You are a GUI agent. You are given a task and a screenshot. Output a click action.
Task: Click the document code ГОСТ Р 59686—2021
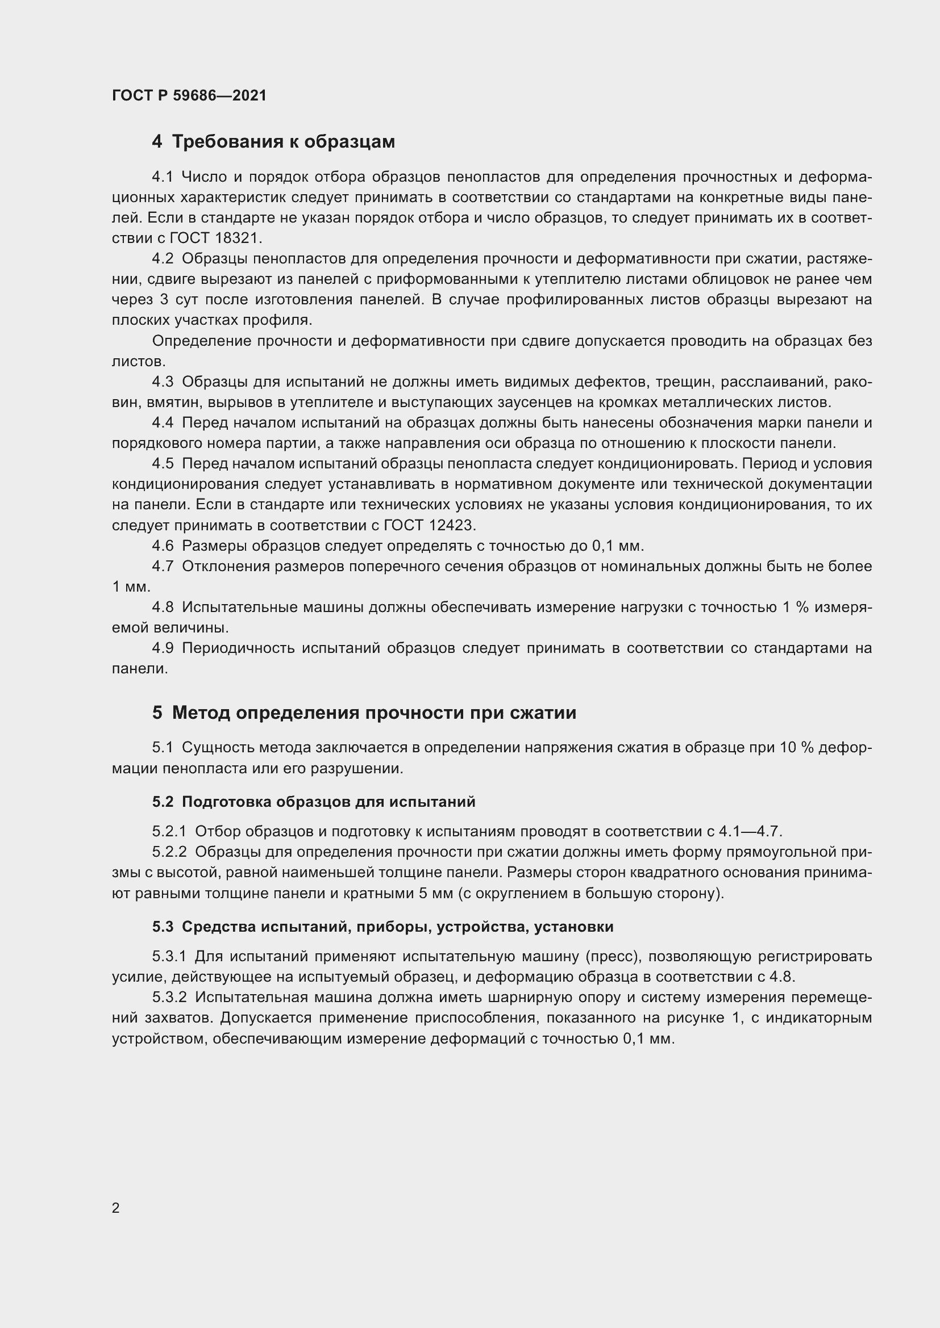point(189,95)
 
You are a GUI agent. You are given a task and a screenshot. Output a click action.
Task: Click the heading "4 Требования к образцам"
point(273,142)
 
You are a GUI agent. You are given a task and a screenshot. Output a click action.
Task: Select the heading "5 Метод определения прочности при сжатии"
point(364,713)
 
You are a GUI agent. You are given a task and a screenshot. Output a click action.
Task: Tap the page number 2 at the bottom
point(116,1208)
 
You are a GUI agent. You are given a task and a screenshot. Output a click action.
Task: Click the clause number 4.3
point(163,382)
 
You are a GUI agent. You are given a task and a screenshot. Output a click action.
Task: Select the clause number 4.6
point(163,546)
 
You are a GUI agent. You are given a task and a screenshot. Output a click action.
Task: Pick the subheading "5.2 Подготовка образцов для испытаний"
point(314,802)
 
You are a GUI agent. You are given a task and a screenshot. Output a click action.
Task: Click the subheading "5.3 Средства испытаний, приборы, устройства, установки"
point(382,927)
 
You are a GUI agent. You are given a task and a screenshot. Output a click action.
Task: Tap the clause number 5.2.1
point(169,832)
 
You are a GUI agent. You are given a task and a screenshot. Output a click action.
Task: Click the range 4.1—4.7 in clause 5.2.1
point(750,832)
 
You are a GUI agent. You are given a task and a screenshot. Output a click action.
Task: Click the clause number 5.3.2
point(169,998)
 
